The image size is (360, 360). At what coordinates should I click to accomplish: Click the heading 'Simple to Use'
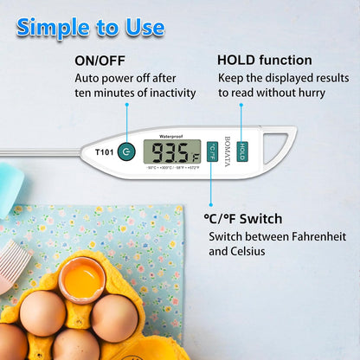(x=90, y=27)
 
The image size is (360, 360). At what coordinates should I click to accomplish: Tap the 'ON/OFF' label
(x=100, y=61)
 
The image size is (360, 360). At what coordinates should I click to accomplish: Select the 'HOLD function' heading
(x=264, y=61)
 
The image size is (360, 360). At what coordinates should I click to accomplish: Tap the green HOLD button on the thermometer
(x=242, y=151)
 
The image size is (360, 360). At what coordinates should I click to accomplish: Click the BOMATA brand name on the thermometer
(x=227, y=151)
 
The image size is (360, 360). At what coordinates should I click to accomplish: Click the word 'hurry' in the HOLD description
(x=302, y=93)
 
